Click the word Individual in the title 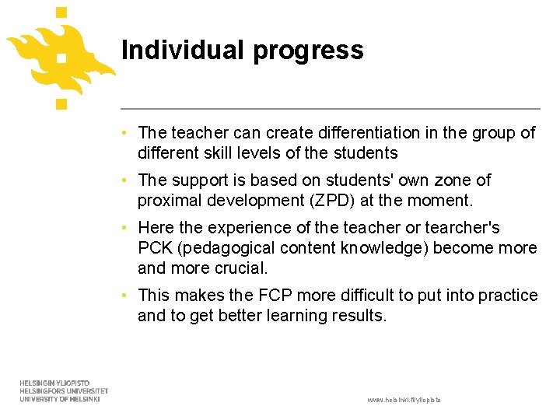tap(182, 50)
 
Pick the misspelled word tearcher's tap(460, 228)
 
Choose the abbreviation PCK tap(154, 248)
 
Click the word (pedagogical tap(236, 249)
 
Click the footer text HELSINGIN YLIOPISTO tap(54, 383)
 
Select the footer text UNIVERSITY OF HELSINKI tap(60, 399)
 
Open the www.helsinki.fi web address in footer tap(404, 399)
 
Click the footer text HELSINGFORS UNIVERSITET tap(63, 391)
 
